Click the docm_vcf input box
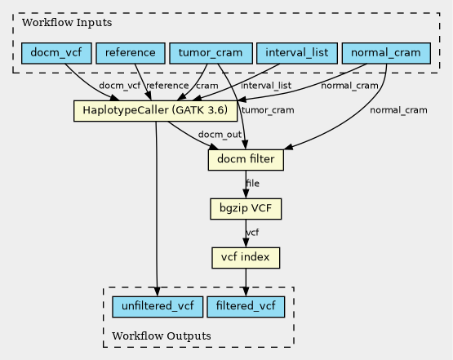[56, 53]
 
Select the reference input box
[131, 53]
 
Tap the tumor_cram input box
[211, 53]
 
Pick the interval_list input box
[297, 53]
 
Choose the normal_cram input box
[386, 53]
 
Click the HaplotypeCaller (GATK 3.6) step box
[155, 111]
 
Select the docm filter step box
[246, 160]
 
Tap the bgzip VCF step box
[246, 209]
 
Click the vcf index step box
[246, 258]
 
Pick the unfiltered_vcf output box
[158, 307]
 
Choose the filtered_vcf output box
[246, 307]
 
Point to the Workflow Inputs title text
[67, 23]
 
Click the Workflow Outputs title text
[162, 336]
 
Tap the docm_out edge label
[220, 135]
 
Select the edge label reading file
[252, 183]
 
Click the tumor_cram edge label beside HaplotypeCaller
[268, 110]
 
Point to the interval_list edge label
[266, 86]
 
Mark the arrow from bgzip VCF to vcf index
[246, 233]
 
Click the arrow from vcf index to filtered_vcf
[246, 282]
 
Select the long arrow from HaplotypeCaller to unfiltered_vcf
[156, 209]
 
